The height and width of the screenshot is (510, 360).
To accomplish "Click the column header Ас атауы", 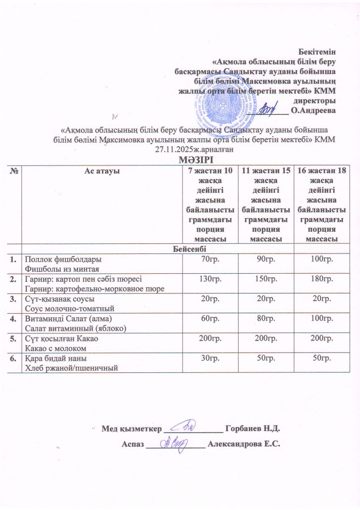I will (101, 172).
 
